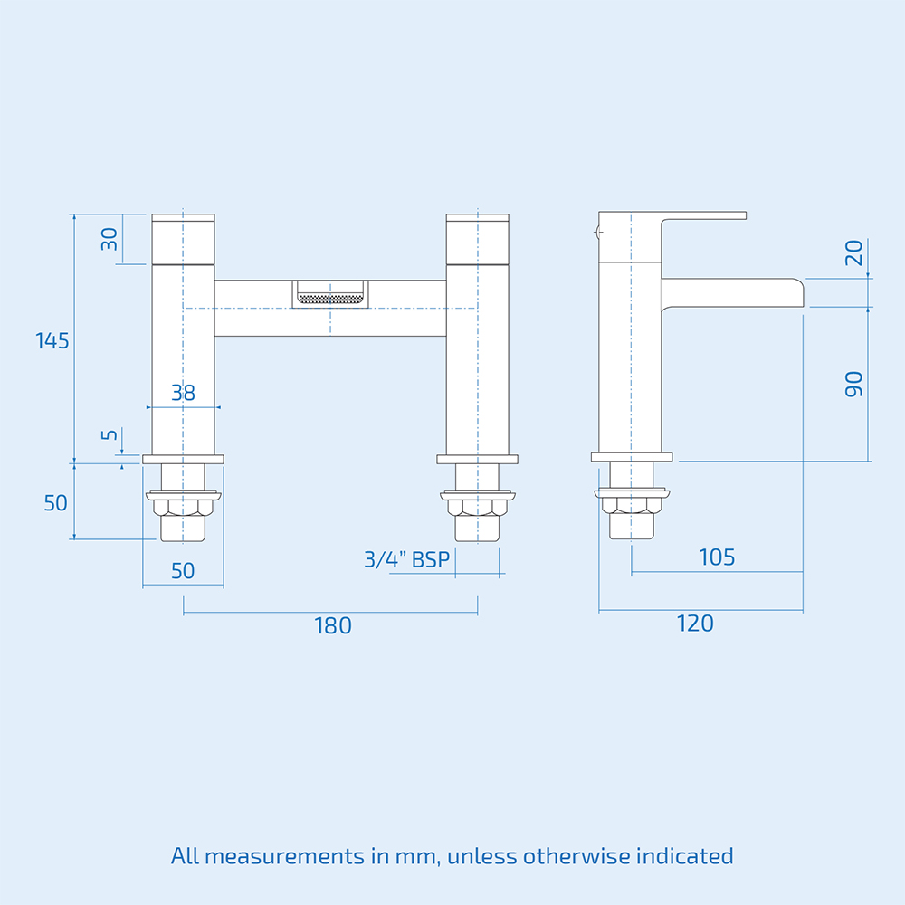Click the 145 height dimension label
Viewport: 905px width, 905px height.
point(52,341)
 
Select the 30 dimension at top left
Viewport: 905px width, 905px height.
point(110,239)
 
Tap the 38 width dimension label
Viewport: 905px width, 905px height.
point(184,393)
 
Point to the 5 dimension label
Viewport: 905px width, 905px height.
point(110,434)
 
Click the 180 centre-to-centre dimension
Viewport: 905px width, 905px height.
point(333,625)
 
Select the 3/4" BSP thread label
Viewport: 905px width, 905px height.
point(407,559)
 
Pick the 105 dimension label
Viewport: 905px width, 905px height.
point(717,557)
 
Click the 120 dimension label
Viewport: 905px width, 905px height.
point(695,624)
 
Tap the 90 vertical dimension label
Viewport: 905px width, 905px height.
point(853,385)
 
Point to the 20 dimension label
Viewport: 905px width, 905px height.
point(853,252)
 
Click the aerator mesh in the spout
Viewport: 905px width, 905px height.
point(330,299)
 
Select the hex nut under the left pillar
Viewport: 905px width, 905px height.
point(183,508)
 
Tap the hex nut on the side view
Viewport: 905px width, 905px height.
point(632,505)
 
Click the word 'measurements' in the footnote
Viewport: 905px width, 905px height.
point(284,856)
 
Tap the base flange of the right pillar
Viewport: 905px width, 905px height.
point(477,460)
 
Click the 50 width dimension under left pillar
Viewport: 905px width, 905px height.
point(183,571)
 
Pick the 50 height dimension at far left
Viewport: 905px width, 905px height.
point(56,503)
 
